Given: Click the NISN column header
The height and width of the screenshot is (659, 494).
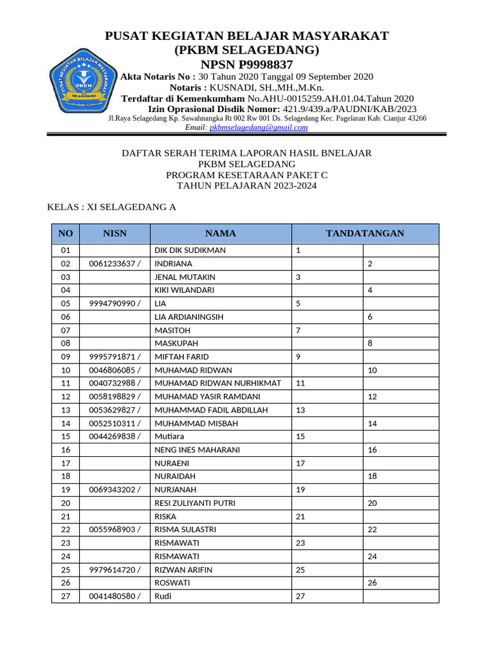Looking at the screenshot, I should click(x=114, y=234).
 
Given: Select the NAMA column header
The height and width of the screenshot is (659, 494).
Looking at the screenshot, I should click(x=221, y=234).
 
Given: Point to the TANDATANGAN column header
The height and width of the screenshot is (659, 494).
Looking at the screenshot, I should click(x=365, y=234).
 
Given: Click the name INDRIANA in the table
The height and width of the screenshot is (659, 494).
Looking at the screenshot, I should click(x=174, y=264).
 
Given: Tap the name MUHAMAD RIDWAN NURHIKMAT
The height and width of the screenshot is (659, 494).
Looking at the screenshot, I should click(x=218, y=384).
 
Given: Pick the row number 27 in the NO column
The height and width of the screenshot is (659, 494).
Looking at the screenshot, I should click(x=65, y=596).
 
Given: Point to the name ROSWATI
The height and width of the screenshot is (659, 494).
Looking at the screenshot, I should click(x=172, y=583).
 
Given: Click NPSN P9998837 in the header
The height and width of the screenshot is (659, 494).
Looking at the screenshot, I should click(x=246, y=64).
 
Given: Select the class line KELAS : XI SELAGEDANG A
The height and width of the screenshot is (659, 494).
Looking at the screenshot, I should click(x=112, y=207).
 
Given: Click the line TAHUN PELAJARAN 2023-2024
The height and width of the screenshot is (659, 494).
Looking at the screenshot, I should click(x=246, y=186).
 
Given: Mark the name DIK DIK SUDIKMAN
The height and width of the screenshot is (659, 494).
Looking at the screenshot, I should click(x=190, y=250).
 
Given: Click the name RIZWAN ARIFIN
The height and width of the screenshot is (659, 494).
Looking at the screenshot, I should click(x=183, y=570).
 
